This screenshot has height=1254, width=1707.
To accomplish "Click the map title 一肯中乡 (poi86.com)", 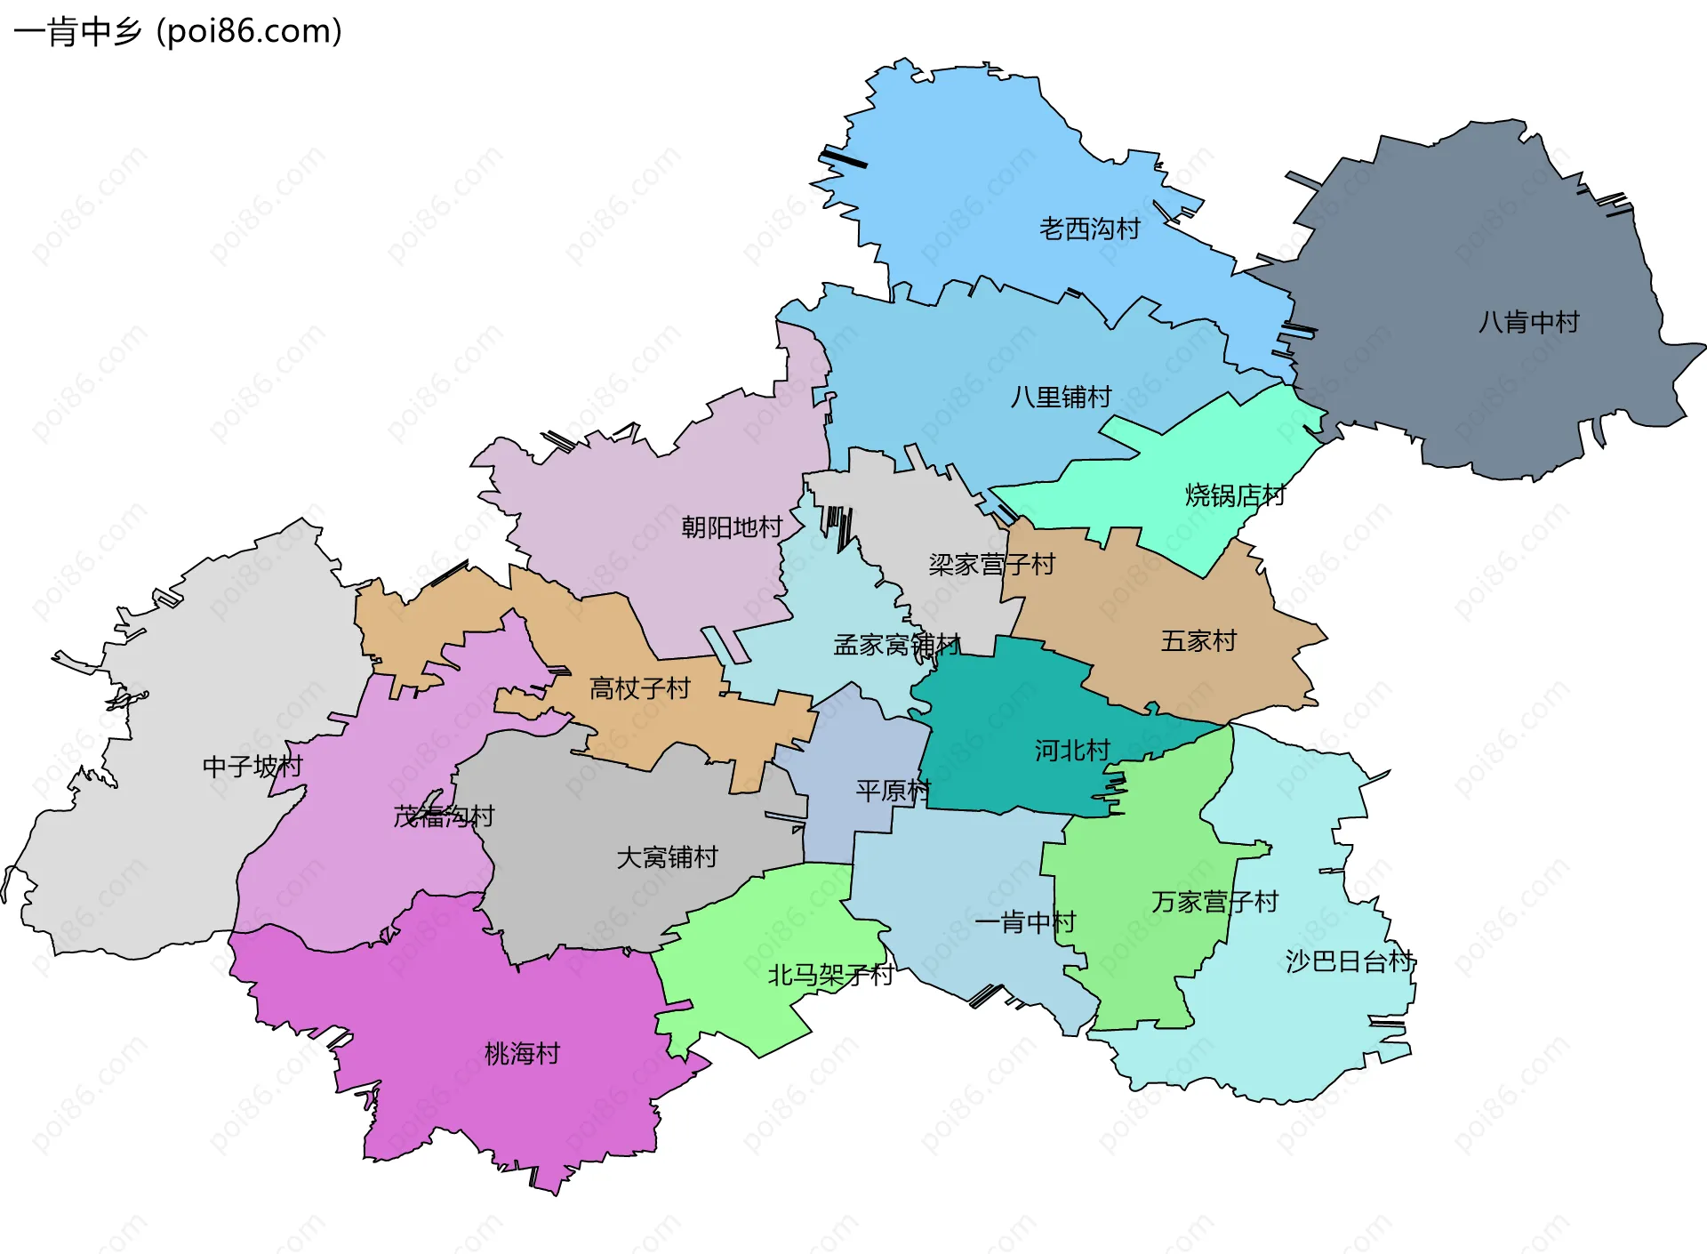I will [178, 31].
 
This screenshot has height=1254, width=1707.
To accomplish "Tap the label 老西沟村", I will [1089, 229].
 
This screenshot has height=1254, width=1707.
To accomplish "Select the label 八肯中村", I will [1528, 322].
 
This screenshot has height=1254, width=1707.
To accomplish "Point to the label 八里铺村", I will [1061, 397].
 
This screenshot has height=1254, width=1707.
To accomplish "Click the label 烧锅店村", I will [1235, 495].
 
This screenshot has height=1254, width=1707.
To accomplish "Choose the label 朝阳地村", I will [731, 527].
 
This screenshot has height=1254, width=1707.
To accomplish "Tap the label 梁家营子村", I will [991, 565].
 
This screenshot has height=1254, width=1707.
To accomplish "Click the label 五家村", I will [1198, 641].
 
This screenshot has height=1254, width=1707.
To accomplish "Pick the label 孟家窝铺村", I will [896, 645].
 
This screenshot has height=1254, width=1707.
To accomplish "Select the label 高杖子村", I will [639, 688].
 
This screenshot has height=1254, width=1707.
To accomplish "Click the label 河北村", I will [1071, 751].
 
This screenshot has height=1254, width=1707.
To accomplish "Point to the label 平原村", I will [893, 791].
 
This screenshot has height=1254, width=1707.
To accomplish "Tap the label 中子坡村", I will [252, 766].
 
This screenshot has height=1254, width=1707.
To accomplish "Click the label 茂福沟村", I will [444, 816].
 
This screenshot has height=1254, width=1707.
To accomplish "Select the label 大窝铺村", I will [667, 857].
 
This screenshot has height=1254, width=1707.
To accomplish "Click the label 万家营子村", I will [1214, 902].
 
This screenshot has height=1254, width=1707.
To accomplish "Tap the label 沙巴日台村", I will [1350, 961].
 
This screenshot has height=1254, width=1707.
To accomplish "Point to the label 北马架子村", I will [830, 976].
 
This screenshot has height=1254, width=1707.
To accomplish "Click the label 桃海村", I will [522, 1054].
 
